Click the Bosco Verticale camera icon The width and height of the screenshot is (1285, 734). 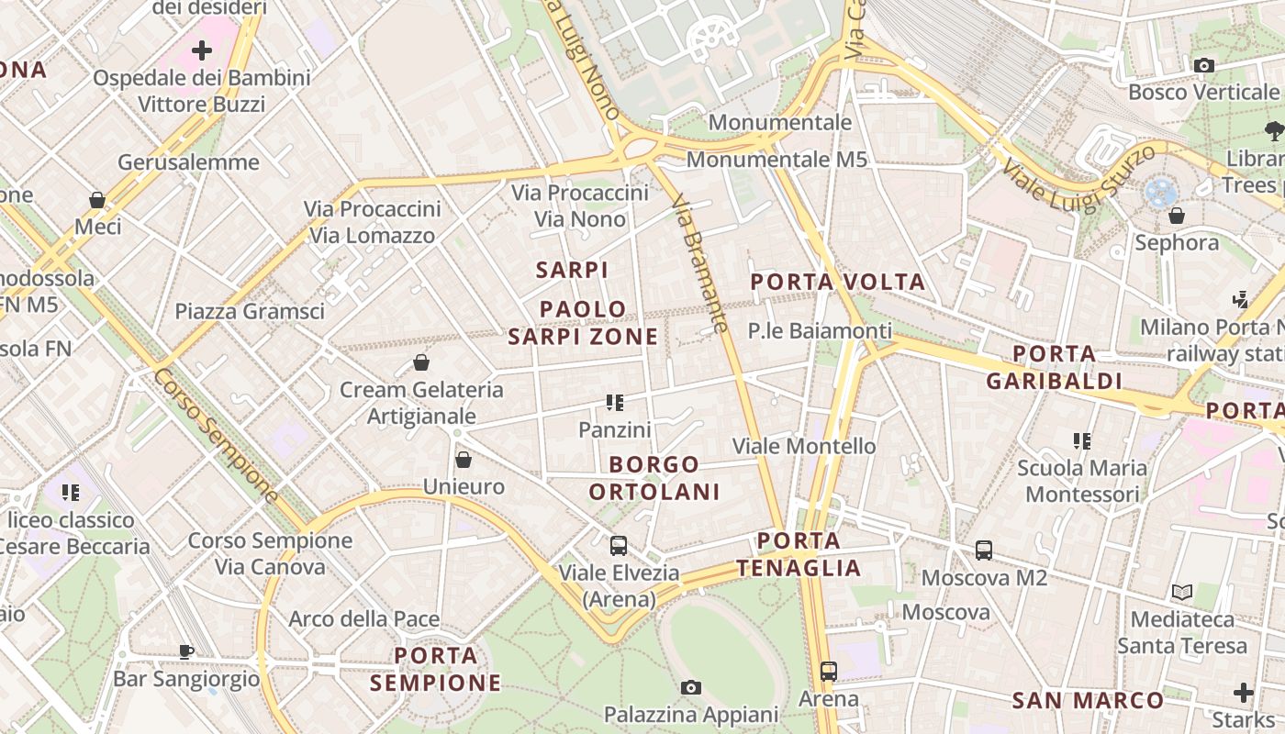tap(1203, 65)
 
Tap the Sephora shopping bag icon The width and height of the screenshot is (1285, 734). tap(1176, 216)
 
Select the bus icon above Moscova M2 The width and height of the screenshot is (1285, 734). tap(984, 550)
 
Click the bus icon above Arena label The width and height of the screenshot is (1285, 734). tap(829, 672)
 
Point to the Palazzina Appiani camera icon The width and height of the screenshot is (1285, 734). tap(691, 687)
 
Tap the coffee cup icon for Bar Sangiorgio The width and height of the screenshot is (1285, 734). tap(186, 652)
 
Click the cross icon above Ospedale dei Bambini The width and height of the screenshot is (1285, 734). tap(202, 50)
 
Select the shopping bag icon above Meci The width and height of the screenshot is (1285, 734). tap(97, 199)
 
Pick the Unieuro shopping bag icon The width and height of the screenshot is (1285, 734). tap(464, 459)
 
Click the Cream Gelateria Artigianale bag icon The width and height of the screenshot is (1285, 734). tap(421, 362)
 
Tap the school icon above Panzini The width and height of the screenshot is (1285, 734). tap(615, 402)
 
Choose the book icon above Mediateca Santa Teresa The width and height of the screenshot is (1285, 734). tap(1182, 592)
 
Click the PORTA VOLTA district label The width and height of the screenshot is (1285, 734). tap(838, 282)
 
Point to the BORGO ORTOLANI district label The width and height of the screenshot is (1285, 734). tap(654, 478)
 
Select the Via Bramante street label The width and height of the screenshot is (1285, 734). tap(699, 262)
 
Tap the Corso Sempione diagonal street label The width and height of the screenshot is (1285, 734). tap(216, 436)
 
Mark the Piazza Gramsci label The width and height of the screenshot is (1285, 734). tap(250, 311)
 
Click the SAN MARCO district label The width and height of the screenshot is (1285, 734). tap(1088, 701)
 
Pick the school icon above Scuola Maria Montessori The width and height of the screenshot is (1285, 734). tap(1082, 441)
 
